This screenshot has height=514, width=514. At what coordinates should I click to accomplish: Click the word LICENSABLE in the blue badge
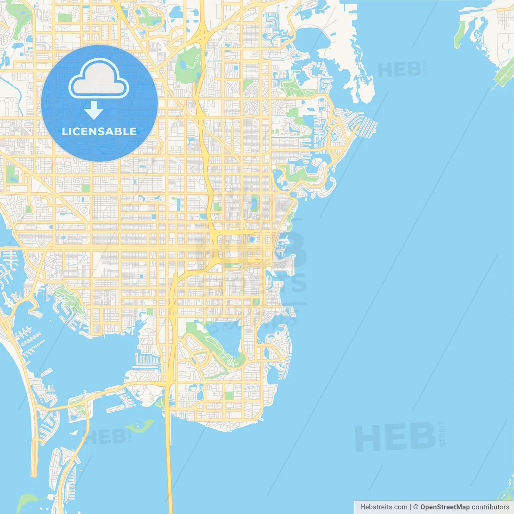pyautogui.click(x=99, y=132)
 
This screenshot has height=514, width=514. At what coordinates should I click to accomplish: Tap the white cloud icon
pyautogui.click(x=99, y=79)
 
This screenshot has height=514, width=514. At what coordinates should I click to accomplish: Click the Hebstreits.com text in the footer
pyautogui.click(x=383, y=507)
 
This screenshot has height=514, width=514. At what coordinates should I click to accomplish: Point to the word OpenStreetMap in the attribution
pyautogui.click(x=445, y=507)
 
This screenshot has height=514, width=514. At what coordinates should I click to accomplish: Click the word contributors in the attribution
pyautogui.click(x=490, y=507)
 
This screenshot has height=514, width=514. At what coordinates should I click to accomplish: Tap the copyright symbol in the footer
pyautogui.click(x=416, y=507)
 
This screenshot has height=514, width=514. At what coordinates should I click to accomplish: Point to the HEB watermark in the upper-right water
pyautogui.click(x=399, y=71)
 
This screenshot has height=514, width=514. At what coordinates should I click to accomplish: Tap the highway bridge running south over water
pyautogui.click(x=169, y=462)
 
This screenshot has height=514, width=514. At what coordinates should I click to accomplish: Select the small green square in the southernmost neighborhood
pyautogui.click(x=229, y=396)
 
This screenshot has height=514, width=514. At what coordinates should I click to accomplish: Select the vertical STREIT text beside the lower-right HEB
pyautogui.click(x=442, y=434)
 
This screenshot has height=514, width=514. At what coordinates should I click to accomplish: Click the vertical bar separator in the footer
pyautogui.click(x=410, y=507)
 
